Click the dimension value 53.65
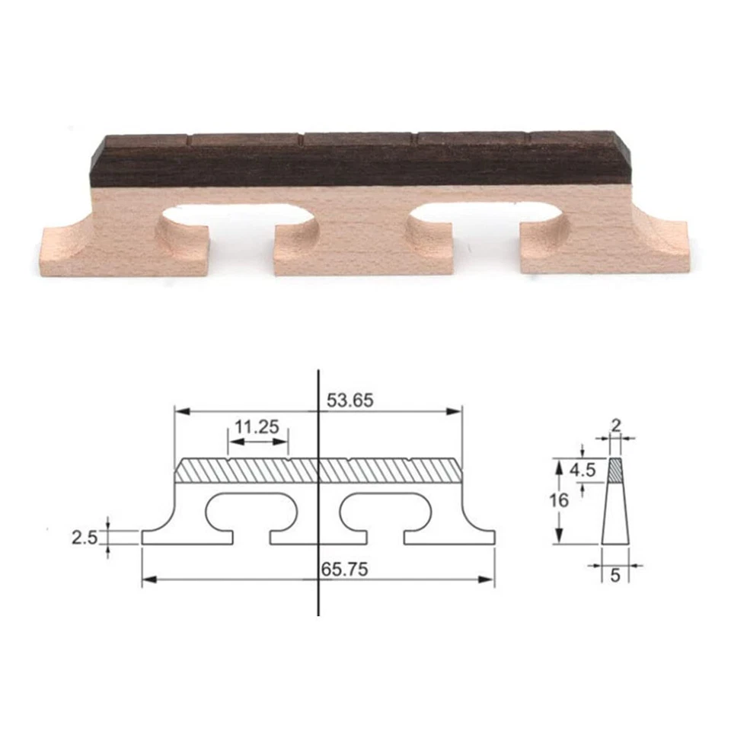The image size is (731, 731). click(350, 401)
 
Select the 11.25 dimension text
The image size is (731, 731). click(257, 426)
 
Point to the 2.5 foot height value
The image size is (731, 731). click(84, 538)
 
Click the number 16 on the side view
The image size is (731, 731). click(559, 501)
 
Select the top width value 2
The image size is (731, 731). click(615, 423)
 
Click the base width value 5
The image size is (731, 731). click(615, 575)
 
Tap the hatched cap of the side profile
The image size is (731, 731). click(615, 471)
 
